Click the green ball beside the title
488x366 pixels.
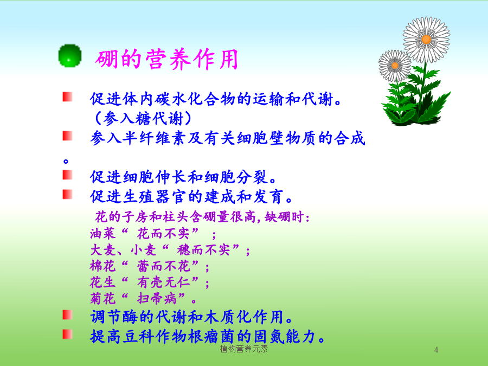click(x=70, y=56)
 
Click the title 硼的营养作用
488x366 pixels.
click(x=167, y=59)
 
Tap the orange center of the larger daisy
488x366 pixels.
click(x=426, y=40)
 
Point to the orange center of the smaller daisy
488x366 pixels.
click(x=395, y=66)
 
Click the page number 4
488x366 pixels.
click(x=436, y=350)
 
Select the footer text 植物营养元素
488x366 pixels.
click(x=243, y=349)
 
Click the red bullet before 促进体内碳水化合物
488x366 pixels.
click(x=67, y=97)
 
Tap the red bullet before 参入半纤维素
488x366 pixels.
click(x=67, y=136)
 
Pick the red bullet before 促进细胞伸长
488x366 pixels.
click(x=67, y=175)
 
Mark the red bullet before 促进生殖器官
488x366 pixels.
click(x=67, y=194)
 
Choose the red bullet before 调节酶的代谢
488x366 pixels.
click(x=67, y=314)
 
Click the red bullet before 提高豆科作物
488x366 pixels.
click(x=67, y=334)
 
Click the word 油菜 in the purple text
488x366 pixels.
click(x=102, y=233)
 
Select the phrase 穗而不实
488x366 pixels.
click(x=203, y=249)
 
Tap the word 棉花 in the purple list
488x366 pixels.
click(x=102, y=266)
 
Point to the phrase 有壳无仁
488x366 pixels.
click(x=163, y=282)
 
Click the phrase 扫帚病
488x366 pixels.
click(x=157, y=298)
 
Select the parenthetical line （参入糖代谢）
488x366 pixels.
click(x=143, y=119)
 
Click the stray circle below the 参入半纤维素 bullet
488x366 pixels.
click(x=66, y=161)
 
